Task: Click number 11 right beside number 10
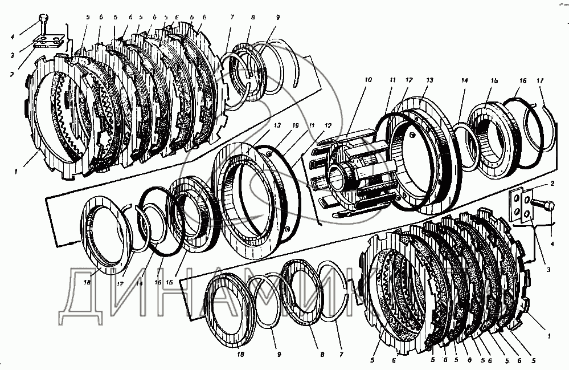coord(392,80)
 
